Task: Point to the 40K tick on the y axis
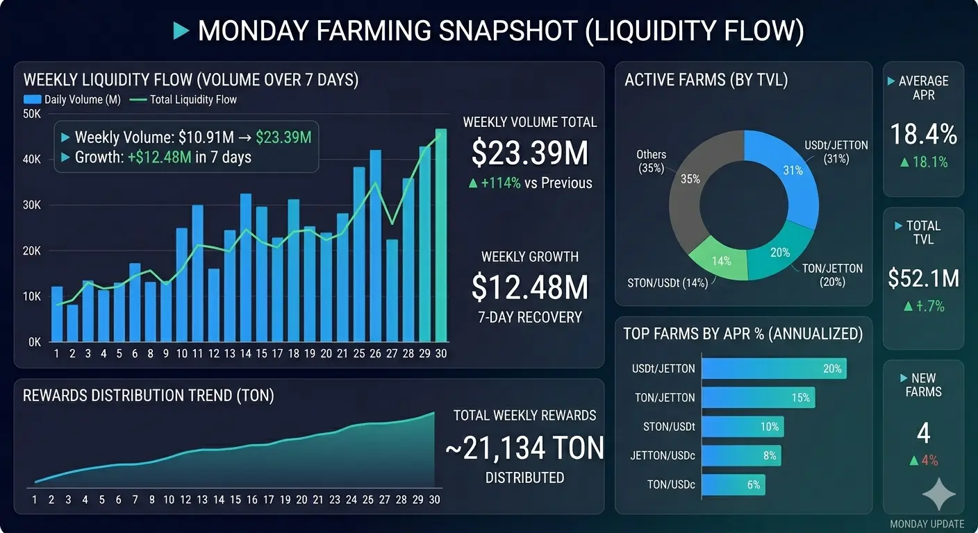click(x=33, y=160)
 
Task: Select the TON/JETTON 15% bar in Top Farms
click(x=758, y=398)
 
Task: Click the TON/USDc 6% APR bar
click(x=733, y=485)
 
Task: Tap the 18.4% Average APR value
click(x=923, y=135)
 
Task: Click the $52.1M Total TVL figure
click(x=923, y=278)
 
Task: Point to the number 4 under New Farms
click(x=923, y=434)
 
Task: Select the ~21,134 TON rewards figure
click(x=524, y=448)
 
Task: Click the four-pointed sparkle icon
click(x=938, y=494)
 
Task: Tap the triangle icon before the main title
click(x=181, y=31)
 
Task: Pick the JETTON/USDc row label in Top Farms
click(x=663, y=456)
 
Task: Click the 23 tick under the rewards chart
click(x=335, y=500)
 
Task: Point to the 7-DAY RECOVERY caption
click(x=530, y=317)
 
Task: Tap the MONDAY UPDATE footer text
click(x=927, y=524)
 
